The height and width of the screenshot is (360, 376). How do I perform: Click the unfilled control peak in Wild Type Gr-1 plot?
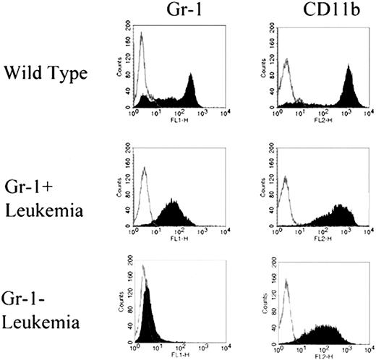pyautogui.click(x=142, y=58)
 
